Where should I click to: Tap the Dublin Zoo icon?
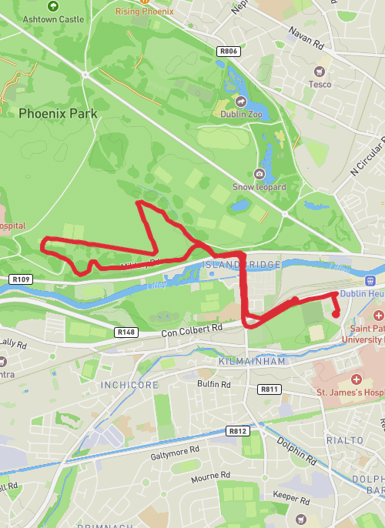click(240, 101)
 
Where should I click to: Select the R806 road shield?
click(229, 52)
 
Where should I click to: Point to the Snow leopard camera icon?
click(259, 174)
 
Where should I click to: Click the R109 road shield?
click(21, 279)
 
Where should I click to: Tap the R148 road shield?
click(126, 332)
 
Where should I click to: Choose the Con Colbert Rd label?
click(192, 329)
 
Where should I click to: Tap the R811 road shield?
click(269, 389)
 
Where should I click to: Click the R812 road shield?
click(237, 431)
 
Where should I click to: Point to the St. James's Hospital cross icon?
click(357, 380)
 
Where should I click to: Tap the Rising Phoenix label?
click(145, 12)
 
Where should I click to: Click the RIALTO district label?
click(344, 439)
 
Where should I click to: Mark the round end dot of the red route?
click(336, 313)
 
